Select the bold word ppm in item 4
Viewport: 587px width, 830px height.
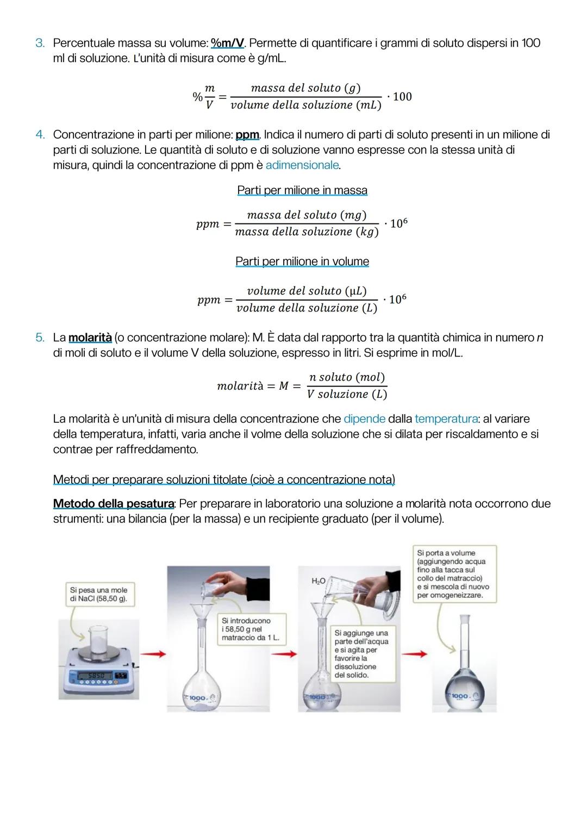247,134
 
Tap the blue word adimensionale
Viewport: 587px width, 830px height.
302,165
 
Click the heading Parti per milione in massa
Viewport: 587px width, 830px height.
302,190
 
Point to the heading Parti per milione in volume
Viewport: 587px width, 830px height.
302,261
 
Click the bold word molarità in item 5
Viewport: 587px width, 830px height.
90,338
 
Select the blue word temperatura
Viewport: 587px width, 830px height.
446,419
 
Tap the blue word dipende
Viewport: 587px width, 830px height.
364,419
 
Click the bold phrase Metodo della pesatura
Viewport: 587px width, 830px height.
114,504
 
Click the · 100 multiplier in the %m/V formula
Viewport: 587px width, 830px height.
399,97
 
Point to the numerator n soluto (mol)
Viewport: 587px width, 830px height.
347,377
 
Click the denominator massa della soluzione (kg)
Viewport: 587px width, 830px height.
307,232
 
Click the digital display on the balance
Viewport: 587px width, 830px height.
93,676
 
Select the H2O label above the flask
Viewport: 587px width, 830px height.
318,581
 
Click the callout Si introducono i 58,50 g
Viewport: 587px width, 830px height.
249,629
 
